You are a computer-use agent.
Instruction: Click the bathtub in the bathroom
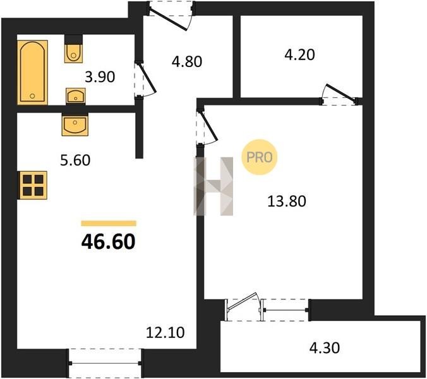pyautogui.click(x=33, y=73)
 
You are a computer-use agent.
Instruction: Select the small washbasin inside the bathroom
pyautogui.click(x=75, y=96)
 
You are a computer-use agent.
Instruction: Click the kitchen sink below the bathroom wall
pyautogui.click(x=75, y=124)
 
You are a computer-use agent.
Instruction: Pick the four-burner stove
pyautogui.click(x=32, y=185)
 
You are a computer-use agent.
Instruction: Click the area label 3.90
pyautogui.click(x=100, y=77)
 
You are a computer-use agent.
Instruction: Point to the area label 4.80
pyautogui.click(x=187, y=61)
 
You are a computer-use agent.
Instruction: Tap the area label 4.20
pyautogui.click(x=299, y=54)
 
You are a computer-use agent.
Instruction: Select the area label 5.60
pyautogui.click(x=75, y=160)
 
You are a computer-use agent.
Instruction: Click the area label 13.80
pyautogui.click(x=287, y=202)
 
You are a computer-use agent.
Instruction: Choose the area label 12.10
pyautogui.click(x=165, y=332)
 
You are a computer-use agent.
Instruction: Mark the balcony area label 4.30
pyautogui.click(x=325, y=348)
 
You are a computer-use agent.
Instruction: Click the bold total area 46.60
pyautogui.click(x=108, y=242)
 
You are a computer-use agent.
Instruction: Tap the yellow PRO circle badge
pyautogui.click(x=259, y=157)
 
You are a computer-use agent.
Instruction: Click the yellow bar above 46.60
pyautogui.click(x=109, y=223)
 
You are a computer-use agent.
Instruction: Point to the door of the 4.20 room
pyautogui.click(x=341, y=95)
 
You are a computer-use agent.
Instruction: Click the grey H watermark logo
pyautogui.click(x=213, y=186)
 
